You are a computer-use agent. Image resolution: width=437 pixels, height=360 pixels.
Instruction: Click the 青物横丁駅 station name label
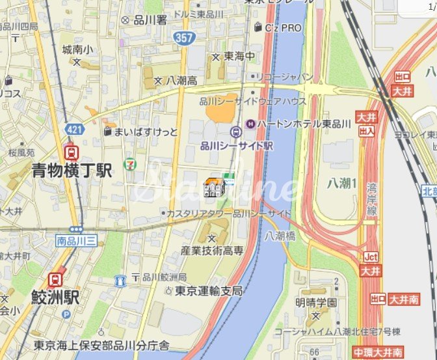click(72, 171)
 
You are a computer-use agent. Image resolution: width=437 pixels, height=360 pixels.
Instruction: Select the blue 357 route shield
click(183, 38)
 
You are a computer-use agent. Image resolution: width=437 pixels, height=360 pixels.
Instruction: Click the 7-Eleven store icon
click(131, 158)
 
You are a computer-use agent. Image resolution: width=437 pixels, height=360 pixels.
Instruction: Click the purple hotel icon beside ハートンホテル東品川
click(250, 123)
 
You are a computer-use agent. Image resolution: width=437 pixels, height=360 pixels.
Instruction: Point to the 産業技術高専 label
click(212, 250)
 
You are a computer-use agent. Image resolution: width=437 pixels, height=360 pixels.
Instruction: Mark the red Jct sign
click(371, 256)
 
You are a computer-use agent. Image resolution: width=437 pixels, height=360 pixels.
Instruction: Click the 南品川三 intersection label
click(76, 240)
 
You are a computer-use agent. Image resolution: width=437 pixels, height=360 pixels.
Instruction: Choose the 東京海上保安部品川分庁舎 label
click(101, 345)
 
